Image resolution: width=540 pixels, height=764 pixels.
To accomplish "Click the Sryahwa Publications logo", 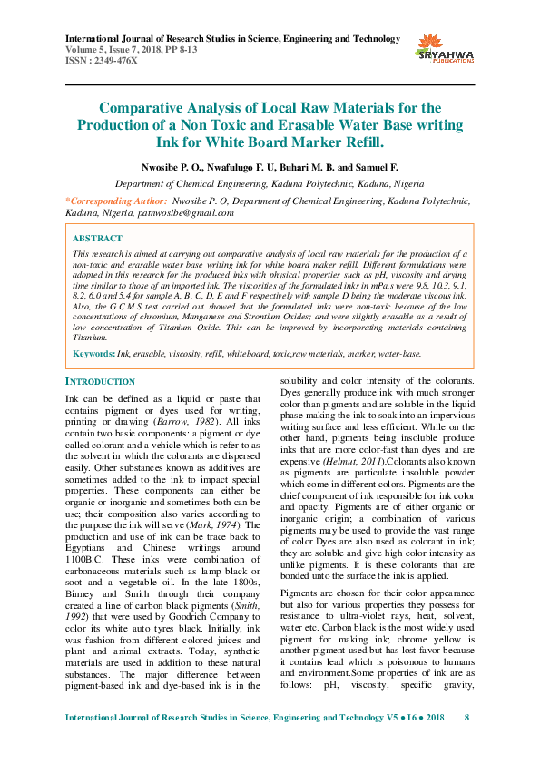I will tap(445, 47).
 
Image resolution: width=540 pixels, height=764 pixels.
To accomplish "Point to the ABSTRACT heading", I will tap(96, 238).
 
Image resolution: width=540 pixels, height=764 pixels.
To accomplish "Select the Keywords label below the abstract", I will tap(93, 352).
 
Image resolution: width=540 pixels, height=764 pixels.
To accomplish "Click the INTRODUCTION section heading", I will tap(101, 382).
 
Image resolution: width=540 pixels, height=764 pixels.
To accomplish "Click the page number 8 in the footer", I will tap(466, 743).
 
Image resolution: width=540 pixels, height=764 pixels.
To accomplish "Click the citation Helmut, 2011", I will tap(354, 462).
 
